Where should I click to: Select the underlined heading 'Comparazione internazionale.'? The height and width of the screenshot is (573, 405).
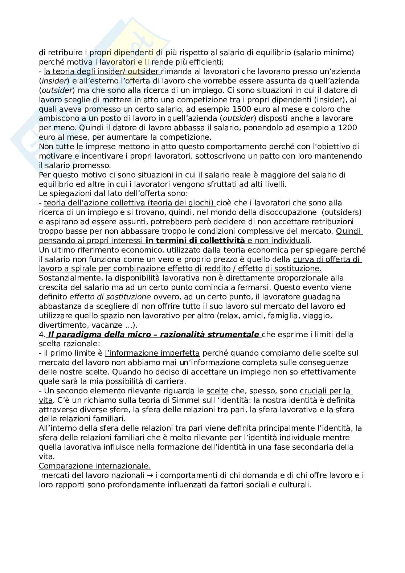[95, 466]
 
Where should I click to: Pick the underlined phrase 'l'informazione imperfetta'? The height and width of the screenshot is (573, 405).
[152, 353]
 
